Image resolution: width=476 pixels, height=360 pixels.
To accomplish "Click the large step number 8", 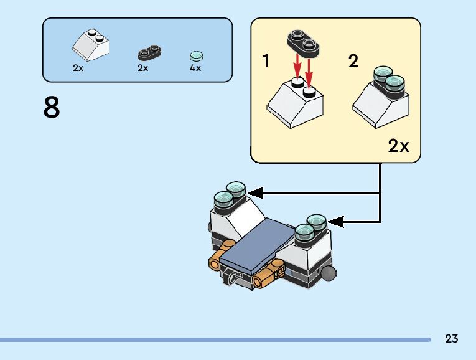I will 52,108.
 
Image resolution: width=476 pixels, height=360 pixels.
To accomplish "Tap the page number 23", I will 452,339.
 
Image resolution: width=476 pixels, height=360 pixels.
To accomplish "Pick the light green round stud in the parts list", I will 196,55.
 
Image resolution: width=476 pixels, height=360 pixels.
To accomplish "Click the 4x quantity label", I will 195,69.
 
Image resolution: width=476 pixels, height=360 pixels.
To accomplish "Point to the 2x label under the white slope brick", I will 78,69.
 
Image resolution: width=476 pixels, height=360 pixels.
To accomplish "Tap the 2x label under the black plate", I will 143,69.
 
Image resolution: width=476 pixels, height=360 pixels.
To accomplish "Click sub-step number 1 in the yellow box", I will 266,62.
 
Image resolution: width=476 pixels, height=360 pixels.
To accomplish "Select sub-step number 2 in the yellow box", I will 353,62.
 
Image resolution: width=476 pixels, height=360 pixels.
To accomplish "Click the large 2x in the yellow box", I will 399,146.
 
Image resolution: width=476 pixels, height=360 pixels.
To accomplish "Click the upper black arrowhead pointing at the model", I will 256,194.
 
